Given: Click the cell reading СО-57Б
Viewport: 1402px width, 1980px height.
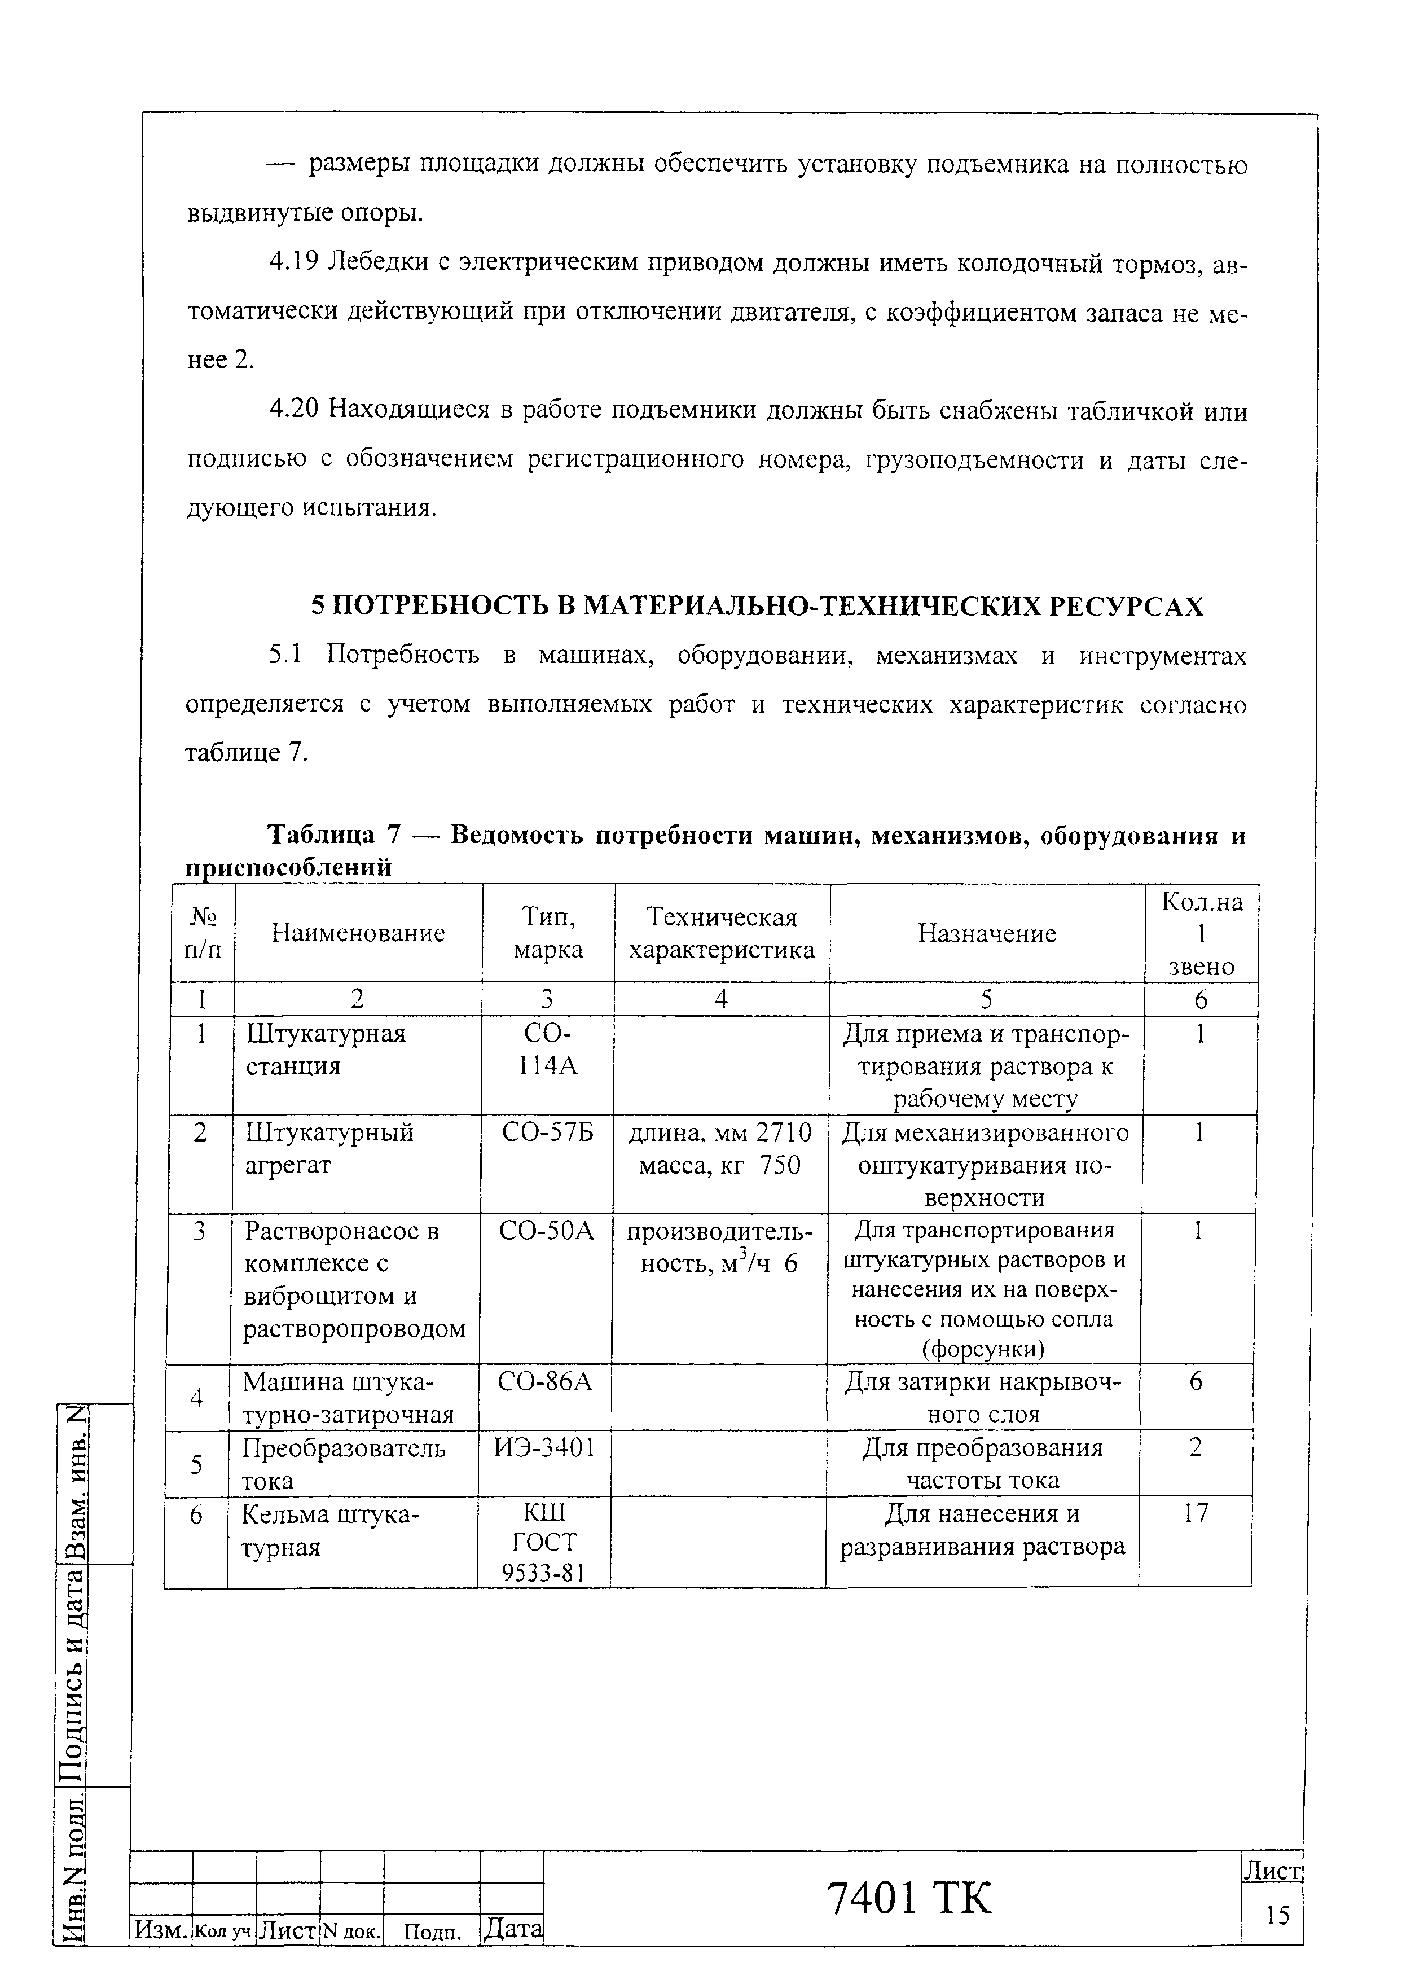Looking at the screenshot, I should [547, 1132].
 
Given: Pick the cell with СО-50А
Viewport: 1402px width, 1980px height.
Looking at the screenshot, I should [547, 1231].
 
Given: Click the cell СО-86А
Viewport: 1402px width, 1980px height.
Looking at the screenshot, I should [545, 1382].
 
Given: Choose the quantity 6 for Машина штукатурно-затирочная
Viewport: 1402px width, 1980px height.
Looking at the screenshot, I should [1196, 1382].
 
